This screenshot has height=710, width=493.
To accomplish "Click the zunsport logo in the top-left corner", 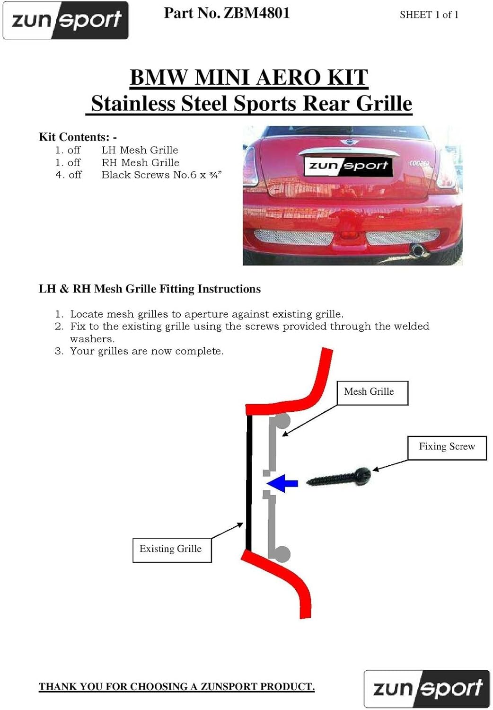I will (x=66, y=20).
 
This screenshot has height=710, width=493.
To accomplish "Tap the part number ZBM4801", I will (x=227, y=13).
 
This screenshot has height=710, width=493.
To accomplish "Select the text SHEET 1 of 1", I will (x=429, y=15).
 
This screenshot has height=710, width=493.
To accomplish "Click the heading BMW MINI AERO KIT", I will (x=249, y=77).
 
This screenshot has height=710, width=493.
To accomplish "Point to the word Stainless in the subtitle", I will (x=133, y=104).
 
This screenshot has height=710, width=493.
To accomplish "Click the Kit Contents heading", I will (x=78, y=137).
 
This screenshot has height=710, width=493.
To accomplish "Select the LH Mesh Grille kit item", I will (x=140, y=150).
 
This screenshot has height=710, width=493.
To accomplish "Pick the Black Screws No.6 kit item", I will (x=161, y=175).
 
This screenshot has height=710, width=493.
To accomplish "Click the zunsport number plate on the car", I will (x=348, y=165).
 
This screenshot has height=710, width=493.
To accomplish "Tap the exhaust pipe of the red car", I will (x=418, y=249).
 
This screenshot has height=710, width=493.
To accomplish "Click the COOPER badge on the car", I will (x=419, y=163).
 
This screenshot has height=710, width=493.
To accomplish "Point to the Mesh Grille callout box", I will (x=372, y=392).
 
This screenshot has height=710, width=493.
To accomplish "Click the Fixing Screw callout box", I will (x=447, y=447).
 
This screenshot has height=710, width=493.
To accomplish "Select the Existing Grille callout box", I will (x=171, y=550).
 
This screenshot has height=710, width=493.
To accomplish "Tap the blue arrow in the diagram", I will (x=282, y=483).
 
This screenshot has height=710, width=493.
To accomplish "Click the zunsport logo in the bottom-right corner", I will (x=426, y=688).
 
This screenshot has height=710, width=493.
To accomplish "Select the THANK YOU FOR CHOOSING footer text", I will (x=176, y=686).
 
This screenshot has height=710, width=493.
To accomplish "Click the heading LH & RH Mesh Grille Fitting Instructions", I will (x=150, y=289).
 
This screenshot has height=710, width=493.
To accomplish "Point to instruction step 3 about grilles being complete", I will (x=147, y=351).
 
